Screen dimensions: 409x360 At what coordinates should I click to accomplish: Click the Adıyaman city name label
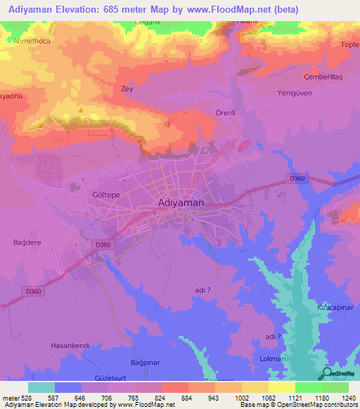point(178,202)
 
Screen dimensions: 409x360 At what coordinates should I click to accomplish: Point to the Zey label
point(127,89)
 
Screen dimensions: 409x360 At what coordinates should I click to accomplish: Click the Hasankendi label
point(71,346)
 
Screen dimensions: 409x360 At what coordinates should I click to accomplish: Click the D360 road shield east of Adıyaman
point(297,178)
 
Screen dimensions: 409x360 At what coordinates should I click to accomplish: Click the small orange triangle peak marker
point(82,110)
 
